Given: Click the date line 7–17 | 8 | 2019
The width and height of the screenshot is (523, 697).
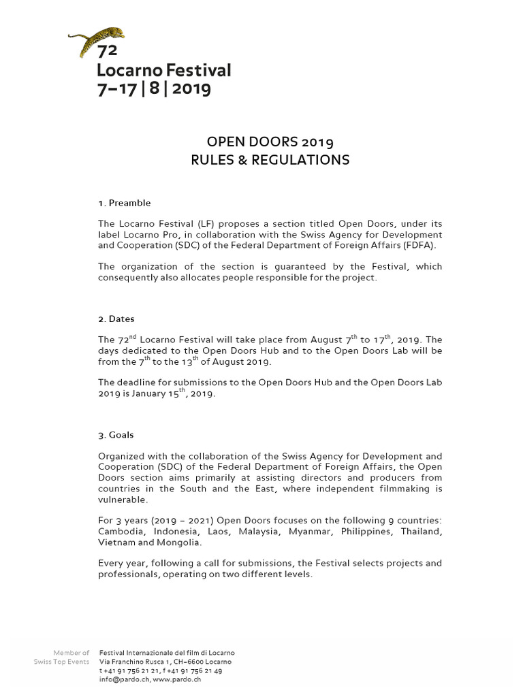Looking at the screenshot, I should [154, 88].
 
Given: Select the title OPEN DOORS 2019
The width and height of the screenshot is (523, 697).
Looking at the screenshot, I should [270, 142].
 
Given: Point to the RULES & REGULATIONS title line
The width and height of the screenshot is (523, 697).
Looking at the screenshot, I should [270, 161].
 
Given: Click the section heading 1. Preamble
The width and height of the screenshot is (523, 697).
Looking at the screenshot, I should [125, 203].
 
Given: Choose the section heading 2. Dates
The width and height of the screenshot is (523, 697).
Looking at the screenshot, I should [116, 319].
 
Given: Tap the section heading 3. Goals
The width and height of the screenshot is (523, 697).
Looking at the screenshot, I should [116, 434].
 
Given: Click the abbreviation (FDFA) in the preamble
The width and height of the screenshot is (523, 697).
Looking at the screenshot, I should [421, 246].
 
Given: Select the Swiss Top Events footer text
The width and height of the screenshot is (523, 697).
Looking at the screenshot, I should [61, 662].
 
